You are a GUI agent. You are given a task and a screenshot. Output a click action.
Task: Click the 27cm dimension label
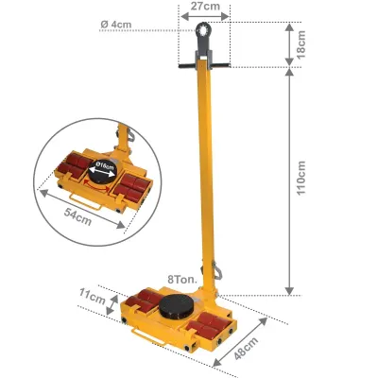point(205,6)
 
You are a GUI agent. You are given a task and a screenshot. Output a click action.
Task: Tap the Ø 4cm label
point(116,25)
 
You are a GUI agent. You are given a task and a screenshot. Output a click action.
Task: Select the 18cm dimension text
point(301,44)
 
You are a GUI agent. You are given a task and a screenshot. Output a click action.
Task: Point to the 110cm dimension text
point(301,178)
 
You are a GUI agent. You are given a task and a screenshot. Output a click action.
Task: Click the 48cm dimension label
point(246,348)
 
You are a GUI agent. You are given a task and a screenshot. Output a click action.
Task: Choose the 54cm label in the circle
point(77,216)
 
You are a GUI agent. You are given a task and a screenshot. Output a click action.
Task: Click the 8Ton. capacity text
point(182,279)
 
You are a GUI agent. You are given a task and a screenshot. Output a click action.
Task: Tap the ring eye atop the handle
point(203,31)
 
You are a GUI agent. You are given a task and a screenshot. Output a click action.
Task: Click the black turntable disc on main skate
point(176,305)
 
